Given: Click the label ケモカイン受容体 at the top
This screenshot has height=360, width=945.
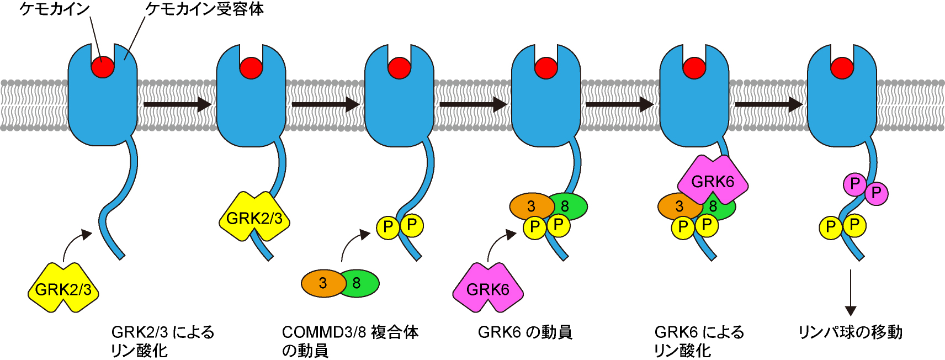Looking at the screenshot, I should pyautogui.click(x=204, y=9).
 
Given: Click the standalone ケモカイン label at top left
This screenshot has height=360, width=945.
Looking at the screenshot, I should pyautogui.click(x=54, y=9).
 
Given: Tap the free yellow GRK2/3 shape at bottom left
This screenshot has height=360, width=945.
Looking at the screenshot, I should pyautogui.click(x=63, y=288).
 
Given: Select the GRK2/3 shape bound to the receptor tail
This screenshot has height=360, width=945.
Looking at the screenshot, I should pyautogui.click(x=254, y=218).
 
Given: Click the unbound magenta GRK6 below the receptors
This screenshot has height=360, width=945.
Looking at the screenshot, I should pyautogui.click(x=488, y=288).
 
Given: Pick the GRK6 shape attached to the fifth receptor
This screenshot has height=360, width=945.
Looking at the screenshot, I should pyautogui.click(x=713, y=181).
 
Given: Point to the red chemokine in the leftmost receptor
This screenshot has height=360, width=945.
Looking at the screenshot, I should pyautogui.click(x=103, y=67).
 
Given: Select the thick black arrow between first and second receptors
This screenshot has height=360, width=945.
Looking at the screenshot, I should pyautogui.click(x=177, y=104).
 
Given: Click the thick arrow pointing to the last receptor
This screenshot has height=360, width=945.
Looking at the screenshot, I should pyautogui.click(x=768, y=104).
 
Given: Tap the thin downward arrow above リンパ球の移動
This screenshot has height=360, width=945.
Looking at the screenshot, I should pyautogui.click(x=851, y=293).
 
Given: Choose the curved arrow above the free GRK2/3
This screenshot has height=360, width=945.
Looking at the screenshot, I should pyautogui.click(x=75, y=243).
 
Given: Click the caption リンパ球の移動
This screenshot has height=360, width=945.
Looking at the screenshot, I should pyautogui.click(x=850, y=332).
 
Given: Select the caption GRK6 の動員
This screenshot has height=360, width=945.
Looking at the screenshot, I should pyautogui.click(x=525, y=332).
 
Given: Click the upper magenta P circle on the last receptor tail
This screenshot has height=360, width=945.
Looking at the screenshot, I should pyautogui.click(x=854, y=184).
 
